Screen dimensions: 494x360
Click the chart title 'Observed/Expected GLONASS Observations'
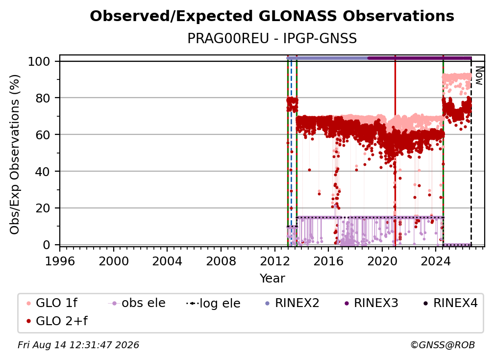tap(272, 16)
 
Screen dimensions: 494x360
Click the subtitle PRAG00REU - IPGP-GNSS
tap(272, 38)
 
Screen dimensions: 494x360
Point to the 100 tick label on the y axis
tap(39, 61)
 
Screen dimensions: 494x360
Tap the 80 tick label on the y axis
tap(43, 98)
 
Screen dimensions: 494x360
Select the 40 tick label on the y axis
tap(43, 172)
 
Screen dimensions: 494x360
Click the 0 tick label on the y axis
tap(47, 245)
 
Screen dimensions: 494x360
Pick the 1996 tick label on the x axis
tap(60, 261)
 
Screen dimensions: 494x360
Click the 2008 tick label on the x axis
tap(221, 261)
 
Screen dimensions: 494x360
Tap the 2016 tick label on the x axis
tap(328, 261)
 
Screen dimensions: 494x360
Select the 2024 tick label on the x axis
tap(436, 261)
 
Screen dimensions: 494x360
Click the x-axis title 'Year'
tap(272, 279)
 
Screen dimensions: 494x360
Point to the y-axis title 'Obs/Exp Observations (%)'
tap(15, 154)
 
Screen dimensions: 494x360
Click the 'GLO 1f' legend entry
tap(52, 303)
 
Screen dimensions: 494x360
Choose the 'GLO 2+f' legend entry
tap(57, 321)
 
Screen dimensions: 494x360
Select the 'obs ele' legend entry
tap(137, 303)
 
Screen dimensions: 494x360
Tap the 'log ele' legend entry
tap(213, 303)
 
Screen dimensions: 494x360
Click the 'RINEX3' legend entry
tap(371, 303)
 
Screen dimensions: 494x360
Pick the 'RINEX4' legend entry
tap(450, 303)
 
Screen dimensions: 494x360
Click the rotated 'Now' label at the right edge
tap(479, 76)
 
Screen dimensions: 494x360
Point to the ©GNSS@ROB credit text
tap(443, 345)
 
